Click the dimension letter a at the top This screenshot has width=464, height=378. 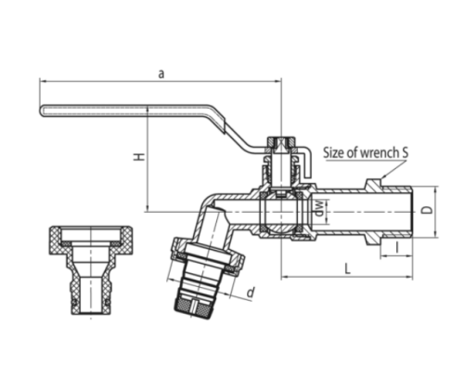tap(161, 74)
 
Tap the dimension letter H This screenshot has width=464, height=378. tap(139, 157)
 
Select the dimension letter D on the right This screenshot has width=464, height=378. tap(427, 210)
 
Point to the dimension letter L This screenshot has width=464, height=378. tap(348, 268)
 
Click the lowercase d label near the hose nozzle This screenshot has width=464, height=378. tap(251, 293)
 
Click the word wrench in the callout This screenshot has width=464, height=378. tap(380, 153)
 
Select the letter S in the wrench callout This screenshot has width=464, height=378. tap(405, 152)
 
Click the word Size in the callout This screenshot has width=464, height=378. tap(333, 152)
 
